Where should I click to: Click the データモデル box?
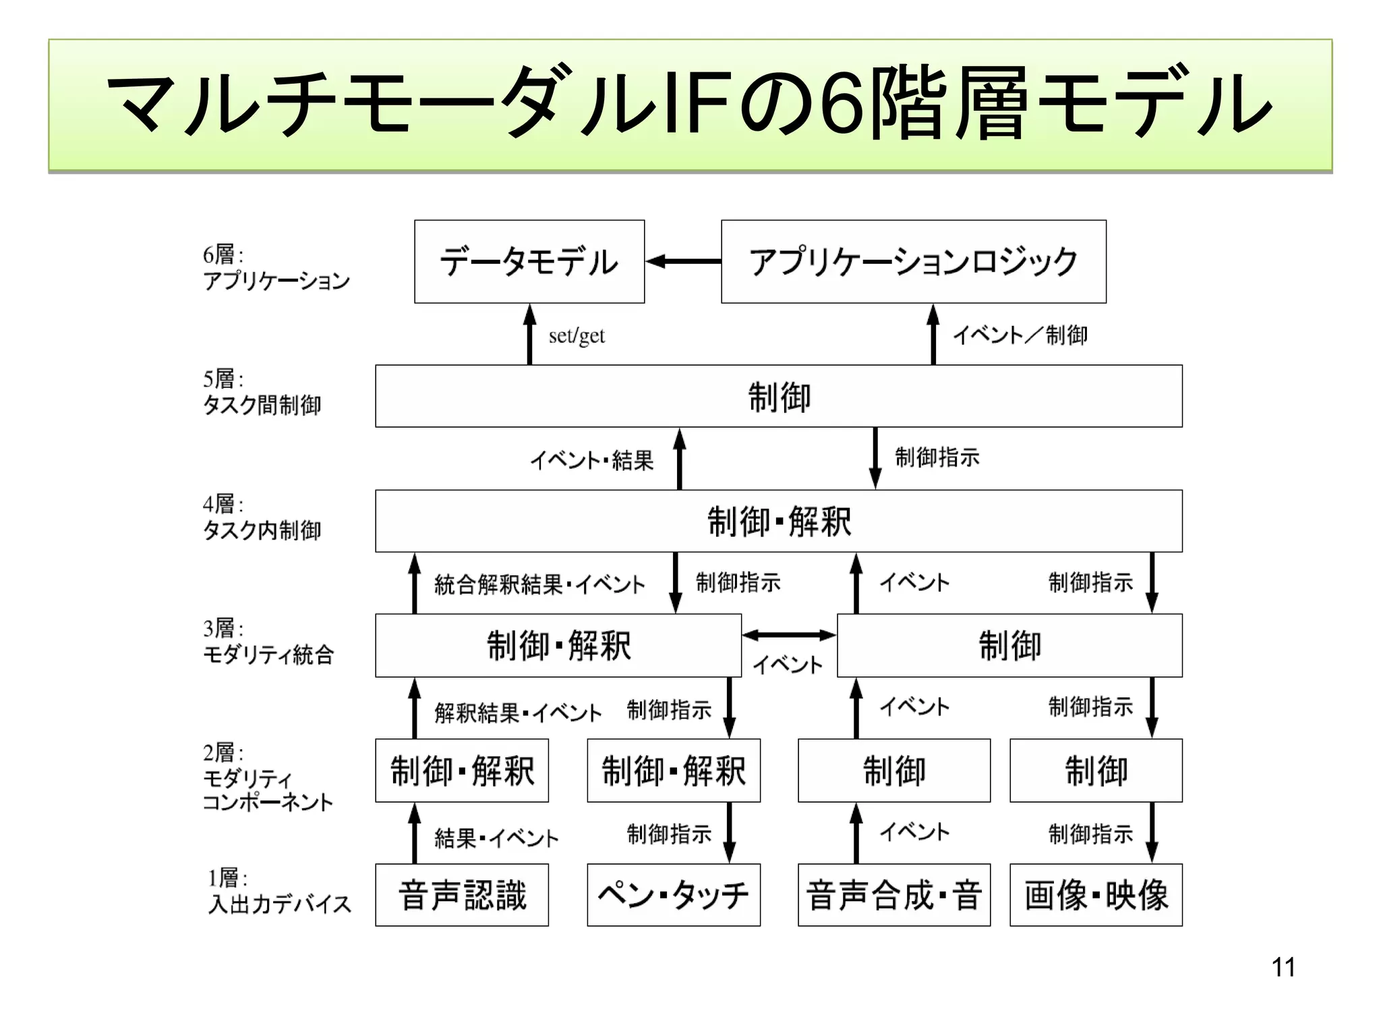(x=529, y=262)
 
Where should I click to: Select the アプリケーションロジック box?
(x=913, y=262)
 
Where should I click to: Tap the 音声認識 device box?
(x=462, y=895)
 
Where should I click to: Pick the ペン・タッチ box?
(x=674, y=895)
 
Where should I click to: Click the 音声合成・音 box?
(x=894, y=895)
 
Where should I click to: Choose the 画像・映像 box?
(x=1096, y=895)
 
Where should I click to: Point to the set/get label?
(x=577, y=336)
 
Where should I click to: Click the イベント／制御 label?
(x=1020, y=335)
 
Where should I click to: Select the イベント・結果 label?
(x=591, y=461)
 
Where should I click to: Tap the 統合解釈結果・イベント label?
(x=539, y=584)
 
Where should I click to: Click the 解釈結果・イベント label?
(x=518, y=713)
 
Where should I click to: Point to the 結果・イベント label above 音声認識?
(x=496, y=838)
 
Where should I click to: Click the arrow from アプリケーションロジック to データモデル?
(x=683, y=262)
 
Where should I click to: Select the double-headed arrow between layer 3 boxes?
(x=789, y=635)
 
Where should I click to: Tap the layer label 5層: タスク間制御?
(x=262, y=392)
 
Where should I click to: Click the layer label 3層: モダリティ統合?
(x=268, y=641)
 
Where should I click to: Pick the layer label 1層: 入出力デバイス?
(x=279, y=891)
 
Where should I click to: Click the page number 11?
(x=1283, y=967)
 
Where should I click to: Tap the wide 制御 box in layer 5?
(x=779, y=397)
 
